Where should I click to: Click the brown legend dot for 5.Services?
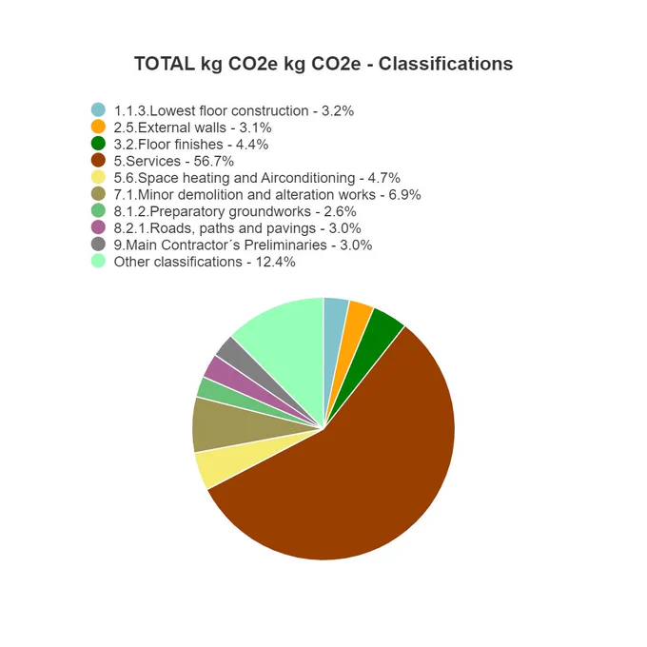pyautogui.click(x=98, y=161)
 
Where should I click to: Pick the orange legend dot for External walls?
pyautogui.click(x=98, y=127)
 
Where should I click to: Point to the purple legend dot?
pyautogui.click(x=98, y=227)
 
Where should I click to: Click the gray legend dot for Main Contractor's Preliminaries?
pyautogui.click(x=98, y=245)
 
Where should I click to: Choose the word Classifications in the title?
pyautogui.click(x=445, y=64)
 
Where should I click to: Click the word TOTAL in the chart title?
pyautogui.click(x=165, y=64)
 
